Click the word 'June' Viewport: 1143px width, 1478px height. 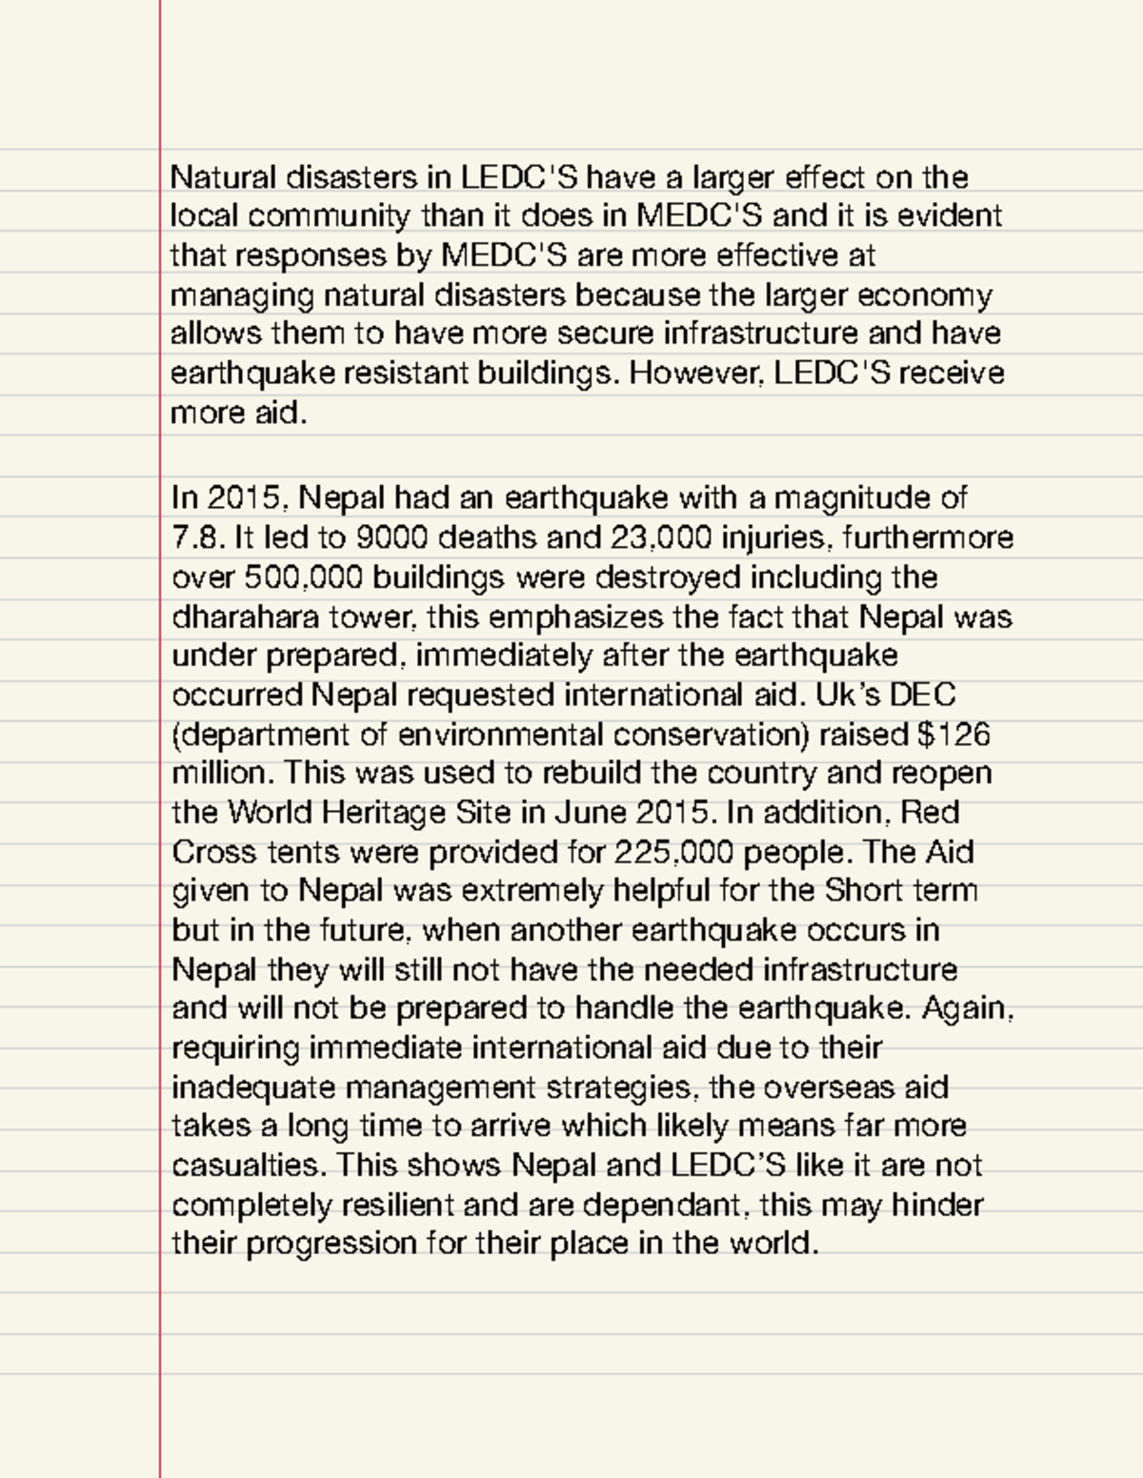[x=589, y=813]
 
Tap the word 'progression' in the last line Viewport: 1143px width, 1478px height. [x=331, y=1245]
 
